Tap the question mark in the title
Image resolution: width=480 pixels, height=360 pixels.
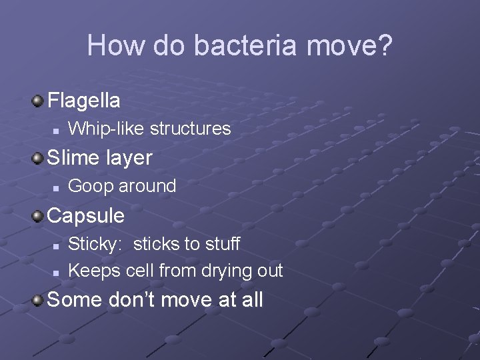[x=383, y=45]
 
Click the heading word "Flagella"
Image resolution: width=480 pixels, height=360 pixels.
[x=84, y=101]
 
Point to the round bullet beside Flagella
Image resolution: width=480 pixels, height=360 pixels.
[x=37, y=101]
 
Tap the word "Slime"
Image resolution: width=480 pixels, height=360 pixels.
[x=75, y=158]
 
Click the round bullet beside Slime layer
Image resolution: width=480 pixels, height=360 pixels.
[x=37, y=159]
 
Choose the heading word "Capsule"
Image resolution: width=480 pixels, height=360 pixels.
[x=86, y=215]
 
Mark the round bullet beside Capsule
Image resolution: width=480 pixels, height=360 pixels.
[x=37, y=216]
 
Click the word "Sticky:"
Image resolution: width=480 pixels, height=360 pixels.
[x=95, y=244]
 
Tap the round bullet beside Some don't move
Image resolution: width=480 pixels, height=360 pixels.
[x=37, y=300]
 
